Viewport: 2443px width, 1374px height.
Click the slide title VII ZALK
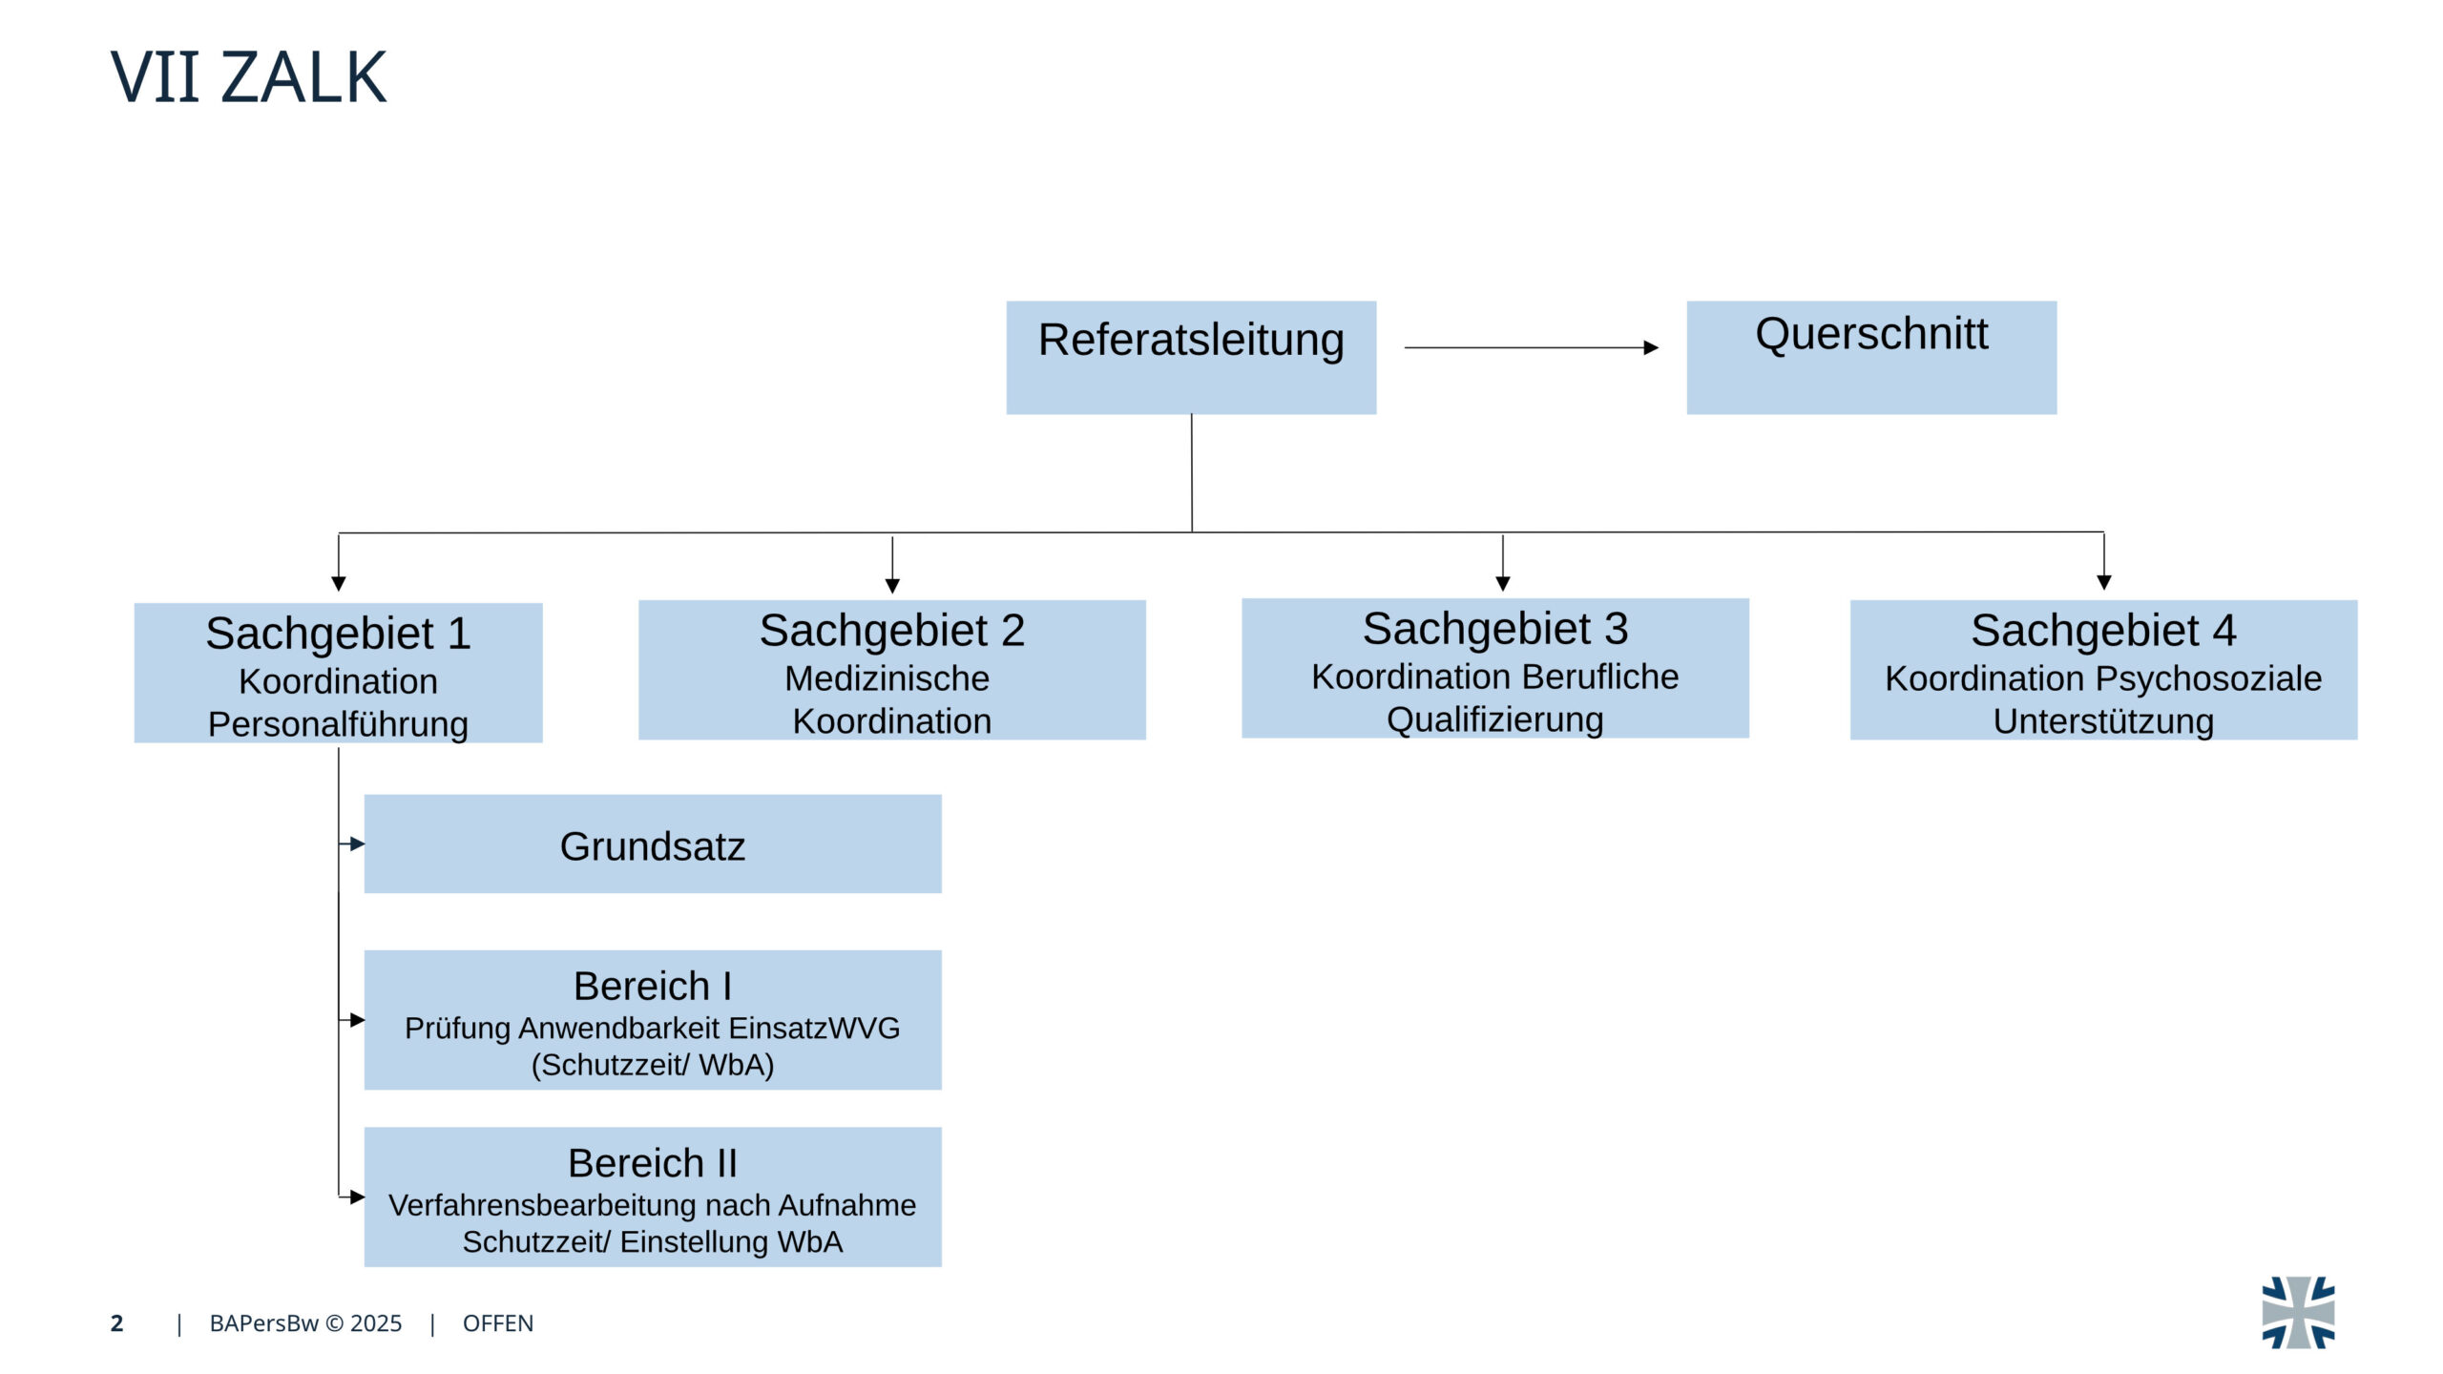[248, 77]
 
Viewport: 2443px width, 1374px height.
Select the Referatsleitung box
[1191, 357]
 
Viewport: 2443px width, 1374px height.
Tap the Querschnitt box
[1871, 357]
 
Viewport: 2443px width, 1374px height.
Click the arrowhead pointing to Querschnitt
[1651, 347]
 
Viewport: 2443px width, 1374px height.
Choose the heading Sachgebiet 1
[338, 634]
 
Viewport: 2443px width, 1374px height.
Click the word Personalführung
[338, 724]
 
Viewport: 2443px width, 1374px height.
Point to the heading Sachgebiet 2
[891, 631]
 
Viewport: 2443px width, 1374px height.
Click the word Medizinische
[887, 678]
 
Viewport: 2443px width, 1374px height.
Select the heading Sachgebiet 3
[1494, 629]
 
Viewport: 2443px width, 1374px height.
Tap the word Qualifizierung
[1494, 719]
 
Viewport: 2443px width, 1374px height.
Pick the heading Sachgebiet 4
[2103, 631]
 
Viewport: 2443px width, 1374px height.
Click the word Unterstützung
[2103, 721]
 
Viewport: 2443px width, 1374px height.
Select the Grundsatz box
[653, 844]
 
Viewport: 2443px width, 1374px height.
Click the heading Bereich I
[653, 986]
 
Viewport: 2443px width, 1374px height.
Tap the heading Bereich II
[653, 1163]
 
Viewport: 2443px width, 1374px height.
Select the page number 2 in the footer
[116, 1323]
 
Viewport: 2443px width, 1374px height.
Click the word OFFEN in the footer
[498, 1323]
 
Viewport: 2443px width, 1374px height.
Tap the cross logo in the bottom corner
[2298, 1313]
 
